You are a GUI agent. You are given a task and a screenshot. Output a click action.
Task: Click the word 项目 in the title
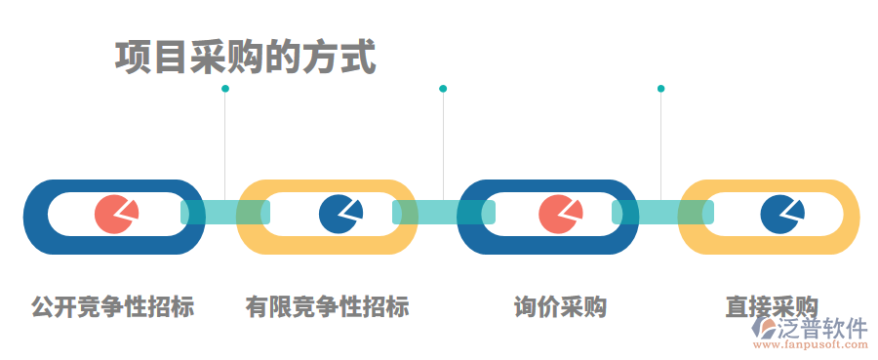[147, 58]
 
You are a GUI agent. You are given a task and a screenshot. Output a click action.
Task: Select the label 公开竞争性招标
[113, 307]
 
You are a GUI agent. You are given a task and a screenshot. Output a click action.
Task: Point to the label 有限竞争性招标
[328, 307]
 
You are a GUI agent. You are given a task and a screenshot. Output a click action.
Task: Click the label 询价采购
[561, 307]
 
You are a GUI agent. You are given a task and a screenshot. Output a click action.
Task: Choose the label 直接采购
[771, 307]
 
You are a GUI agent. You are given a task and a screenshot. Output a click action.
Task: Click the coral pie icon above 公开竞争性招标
[116, 215]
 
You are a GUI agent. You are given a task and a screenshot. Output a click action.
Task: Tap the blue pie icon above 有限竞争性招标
[339, 215]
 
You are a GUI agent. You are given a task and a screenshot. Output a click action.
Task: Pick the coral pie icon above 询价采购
[560, 215]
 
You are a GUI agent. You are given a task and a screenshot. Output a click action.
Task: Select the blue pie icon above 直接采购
[781, 215]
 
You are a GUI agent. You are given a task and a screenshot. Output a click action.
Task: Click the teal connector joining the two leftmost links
[225, 213]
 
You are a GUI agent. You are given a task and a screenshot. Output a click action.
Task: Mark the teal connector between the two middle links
[444, 213]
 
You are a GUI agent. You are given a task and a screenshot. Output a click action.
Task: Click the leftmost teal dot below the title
[225, 89]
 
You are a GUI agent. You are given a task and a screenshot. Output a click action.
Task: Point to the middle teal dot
[443, 89]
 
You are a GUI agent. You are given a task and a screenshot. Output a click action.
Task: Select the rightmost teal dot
[660, 89]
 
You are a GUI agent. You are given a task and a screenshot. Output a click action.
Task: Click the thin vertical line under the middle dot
[443, 146]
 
